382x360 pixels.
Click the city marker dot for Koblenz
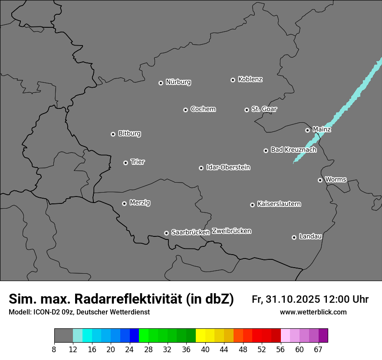pos(233,80)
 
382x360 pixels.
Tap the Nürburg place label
pos(178,82)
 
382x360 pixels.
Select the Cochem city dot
pos(185,110)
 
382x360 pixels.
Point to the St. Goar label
pos(264,109)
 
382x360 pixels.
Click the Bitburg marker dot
pos(113,134)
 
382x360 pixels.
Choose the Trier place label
pos(138,162)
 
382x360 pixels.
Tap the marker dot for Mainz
pos(307,130)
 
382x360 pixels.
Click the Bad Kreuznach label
pos(293,150)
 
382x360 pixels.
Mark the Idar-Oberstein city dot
pos(201,168)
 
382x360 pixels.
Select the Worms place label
pos(336,179)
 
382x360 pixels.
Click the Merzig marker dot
pos(124,203)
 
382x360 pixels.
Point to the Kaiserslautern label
pos(279,204)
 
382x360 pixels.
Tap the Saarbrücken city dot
pos(166,233)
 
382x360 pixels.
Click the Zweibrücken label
pos(231,231)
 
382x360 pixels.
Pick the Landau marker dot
pos(294,237)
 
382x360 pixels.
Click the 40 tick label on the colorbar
pos(205,350)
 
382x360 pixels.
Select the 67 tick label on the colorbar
pos(318,350)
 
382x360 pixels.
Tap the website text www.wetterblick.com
pos(313,312)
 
